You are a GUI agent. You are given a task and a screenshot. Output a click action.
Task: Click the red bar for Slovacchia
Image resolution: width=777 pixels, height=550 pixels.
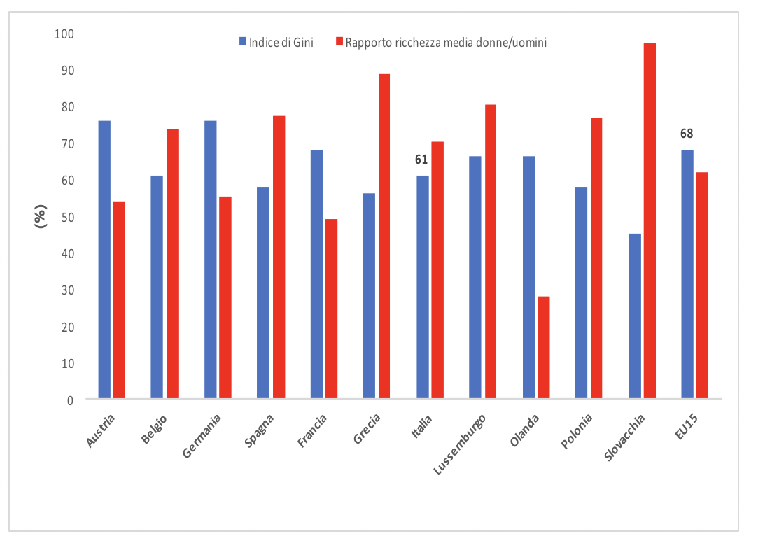[650, 221]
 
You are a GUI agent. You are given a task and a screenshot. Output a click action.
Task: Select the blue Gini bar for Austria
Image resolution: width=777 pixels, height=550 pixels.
[104, 260]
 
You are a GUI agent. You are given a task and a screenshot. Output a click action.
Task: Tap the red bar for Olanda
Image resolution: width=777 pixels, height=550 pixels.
[543, 348]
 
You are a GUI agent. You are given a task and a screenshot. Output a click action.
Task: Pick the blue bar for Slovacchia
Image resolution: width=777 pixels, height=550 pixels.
[635, 316]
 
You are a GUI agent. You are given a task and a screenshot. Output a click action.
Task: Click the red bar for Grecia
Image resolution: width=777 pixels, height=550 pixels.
[384, 237]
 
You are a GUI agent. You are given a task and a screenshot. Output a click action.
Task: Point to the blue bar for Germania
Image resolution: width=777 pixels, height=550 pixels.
[210, 260]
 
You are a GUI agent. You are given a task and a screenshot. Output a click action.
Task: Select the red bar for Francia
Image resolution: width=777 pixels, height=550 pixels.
[331, 309]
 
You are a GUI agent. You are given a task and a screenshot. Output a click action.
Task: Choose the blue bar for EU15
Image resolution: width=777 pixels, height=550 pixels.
[687, 274]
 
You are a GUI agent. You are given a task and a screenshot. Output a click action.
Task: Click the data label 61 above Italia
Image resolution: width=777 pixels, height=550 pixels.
[421, 160]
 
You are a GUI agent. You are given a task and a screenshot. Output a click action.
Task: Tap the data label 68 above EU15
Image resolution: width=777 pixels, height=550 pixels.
[687, 134]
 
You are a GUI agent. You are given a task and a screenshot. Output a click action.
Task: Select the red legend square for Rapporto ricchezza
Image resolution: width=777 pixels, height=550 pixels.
[339, 42]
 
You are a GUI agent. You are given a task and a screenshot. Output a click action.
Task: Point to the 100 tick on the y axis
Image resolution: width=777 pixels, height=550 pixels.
[64, 34]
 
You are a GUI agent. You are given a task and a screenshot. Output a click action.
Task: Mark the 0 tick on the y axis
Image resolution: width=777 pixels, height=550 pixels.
[70, 400]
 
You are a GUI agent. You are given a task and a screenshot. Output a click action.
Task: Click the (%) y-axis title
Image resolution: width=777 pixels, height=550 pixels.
[41, 217]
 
